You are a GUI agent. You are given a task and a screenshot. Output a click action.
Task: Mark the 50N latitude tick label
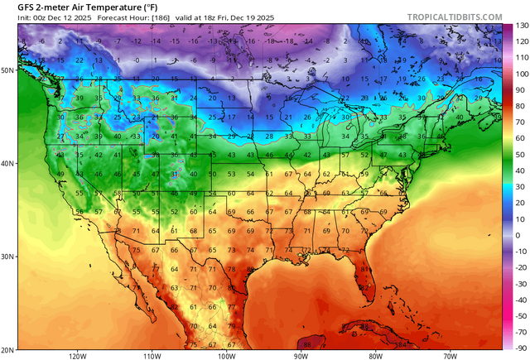coord(8,70)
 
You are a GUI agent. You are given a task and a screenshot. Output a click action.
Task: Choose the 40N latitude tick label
coord(8,163)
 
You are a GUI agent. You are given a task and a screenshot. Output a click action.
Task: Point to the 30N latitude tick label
coord(8,257)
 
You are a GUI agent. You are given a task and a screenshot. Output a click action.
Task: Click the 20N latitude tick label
coord(8,349)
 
